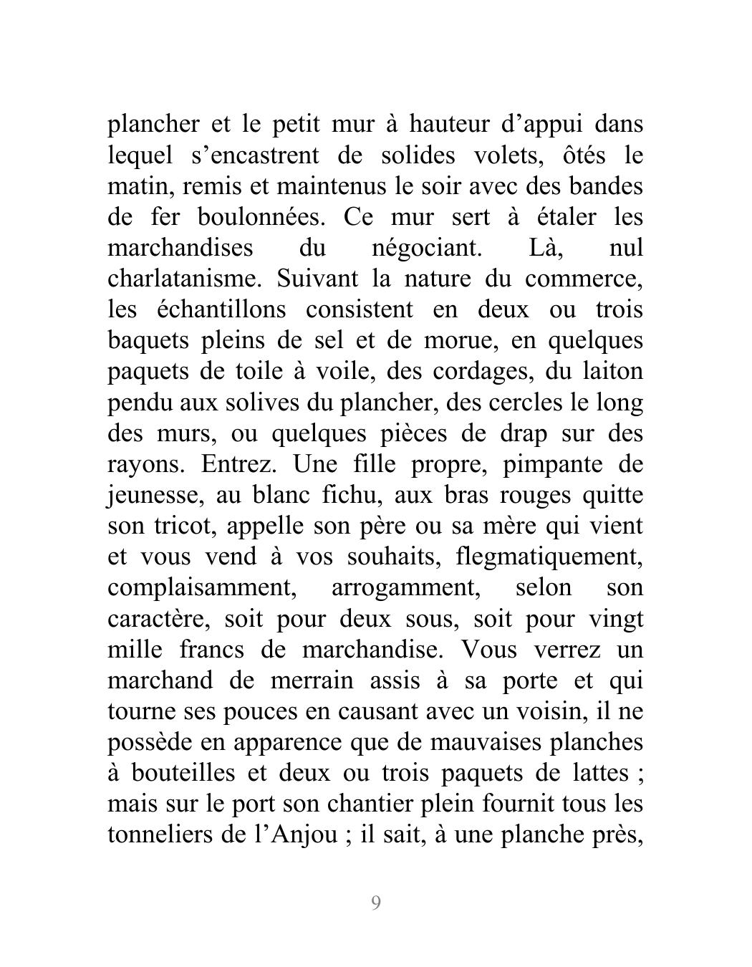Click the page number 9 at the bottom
point(376,903)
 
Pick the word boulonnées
point(269,217)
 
